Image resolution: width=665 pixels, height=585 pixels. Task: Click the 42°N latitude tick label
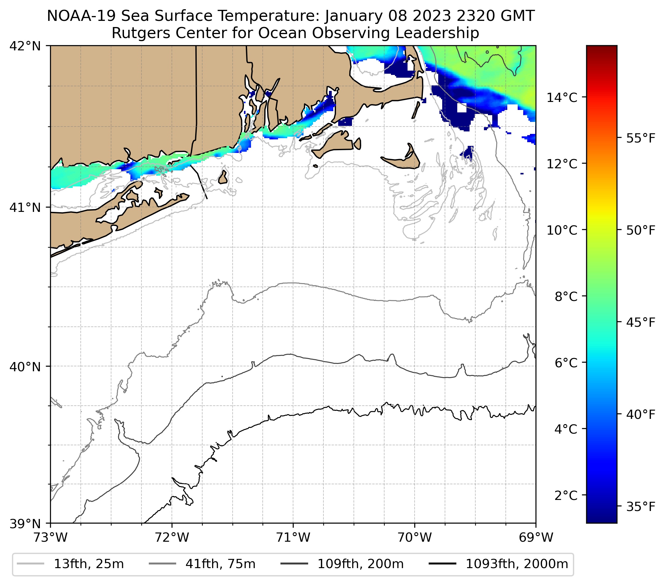pyautogui.click(x=25, y=46)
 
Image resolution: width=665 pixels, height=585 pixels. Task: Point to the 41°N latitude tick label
pyautogui.click(x=25, y=207)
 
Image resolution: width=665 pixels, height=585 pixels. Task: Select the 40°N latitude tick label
pyautogui.click(x=25, y=367)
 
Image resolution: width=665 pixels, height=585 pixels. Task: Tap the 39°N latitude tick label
pyautogui.click(x=25, y=524)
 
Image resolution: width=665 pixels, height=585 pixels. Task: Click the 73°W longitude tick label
pyautogui.click(x=50, y=537)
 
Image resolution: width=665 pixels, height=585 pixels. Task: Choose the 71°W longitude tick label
pyautogui.click(x=293, y=537)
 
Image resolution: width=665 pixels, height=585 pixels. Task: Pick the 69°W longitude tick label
pyautogui.click(x=536, y=537)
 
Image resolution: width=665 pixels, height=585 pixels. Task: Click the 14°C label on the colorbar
pyautogui.click(x=562, y=97)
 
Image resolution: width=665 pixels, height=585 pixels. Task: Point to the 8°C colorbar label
pyautogui.click(x=566, y=297)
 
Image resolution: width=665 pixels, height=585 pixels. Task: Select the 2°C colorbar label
pyautogui.click(x=566, y=495)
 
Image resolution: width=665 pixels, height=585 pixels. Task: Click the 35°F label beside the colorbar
pyautogui.click(x=640, y=507)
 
